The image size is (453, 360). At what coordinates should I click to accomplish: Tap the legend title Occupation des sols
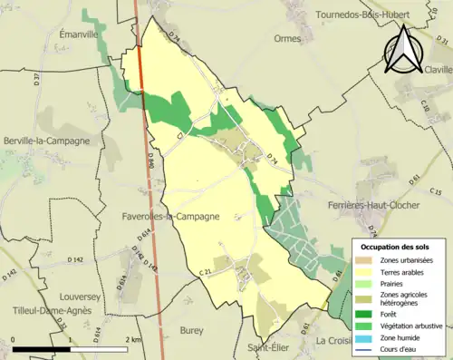[x=395, y=247]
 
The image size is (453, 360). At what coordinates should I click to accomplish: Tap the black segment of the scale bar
[x=41, y=348]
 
